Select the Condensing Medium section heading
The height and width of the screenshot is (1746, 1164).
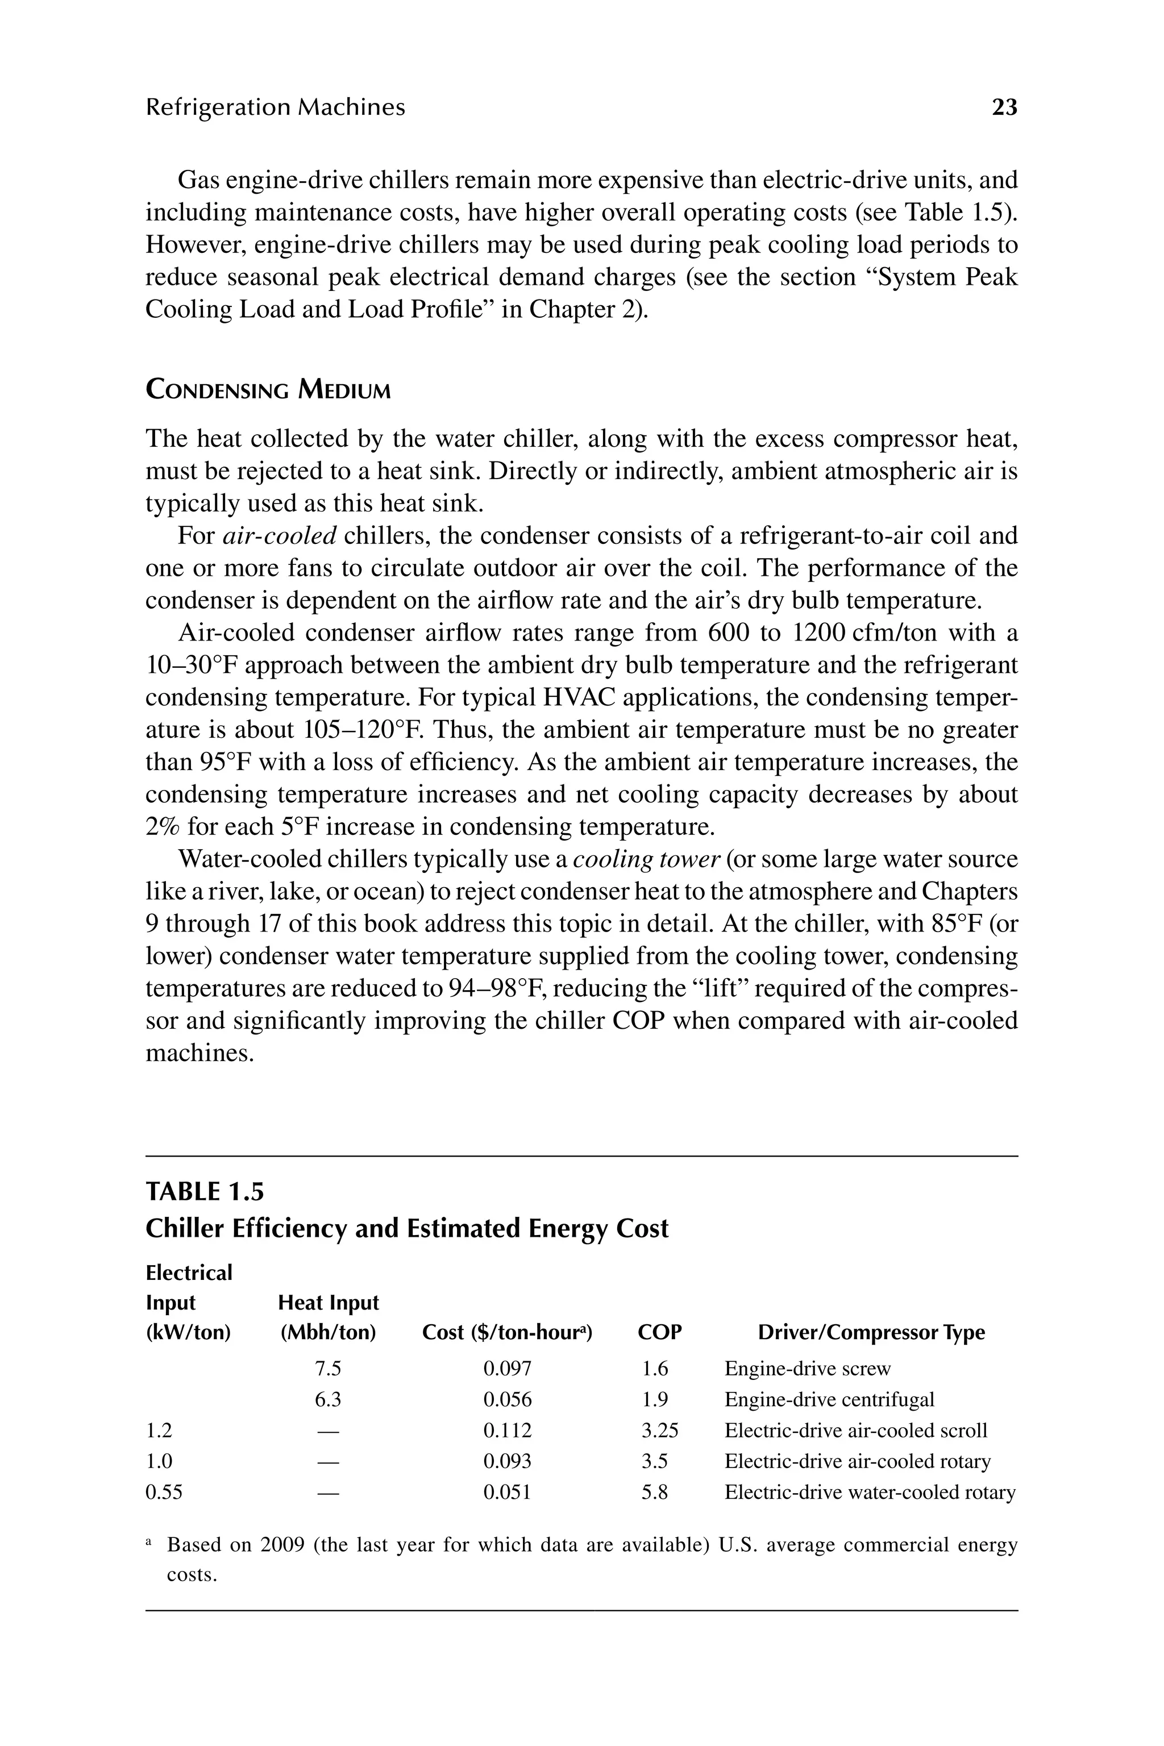268,390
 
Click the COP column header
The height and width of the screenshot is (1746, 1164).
659,1332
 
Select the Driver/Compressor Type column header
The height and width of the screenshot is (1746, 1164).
871,1332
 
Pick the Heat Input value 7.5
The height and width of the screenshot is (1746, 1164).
327,1369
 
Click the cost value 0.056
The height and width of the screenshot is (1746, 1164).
507,1400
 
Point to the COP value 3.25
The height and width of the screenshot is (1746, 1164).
659,1431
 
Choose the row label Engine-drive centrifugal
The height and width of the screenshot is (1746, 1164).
829,1400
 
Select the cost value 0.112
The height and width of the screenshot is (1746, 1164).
507,1431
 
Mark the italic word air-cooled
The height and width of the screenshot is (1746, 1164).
280,536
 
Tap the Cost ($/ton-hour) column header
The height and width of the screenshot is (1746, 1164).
507,1332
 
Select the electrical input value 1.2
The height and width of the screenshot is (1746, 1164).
159,1431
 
